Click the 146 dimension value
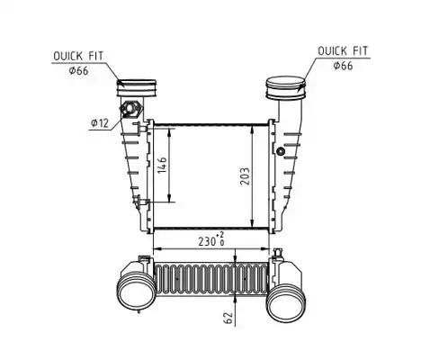pyautogui.click(x=162, y=165)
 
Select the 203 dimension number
pyautogui.click(x=245, y=176)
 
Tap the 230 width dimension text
pyautogui.click(x=207, y=241)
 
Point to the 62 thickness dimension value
pyautogui.click(x=228, y=318)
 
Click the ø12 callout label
pyautogui.click(x=100, y=123)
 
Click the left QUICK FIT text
pyautogui.click(x=78, y=56)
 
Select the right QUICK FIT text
pyautogui.click(x=343, y=51)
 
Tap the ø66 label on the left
pyautogui.click(x=78, y=71)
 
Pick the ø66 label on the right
pyautogui.click(x=343, y=66)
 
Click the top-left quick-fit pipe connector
pyautogui.click(x=137, y=88)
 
